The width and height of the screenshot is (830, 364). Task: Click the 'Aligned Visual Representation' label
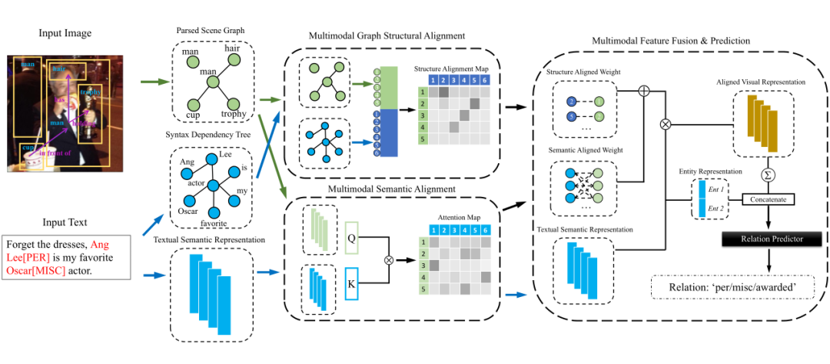click(761, 82)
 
